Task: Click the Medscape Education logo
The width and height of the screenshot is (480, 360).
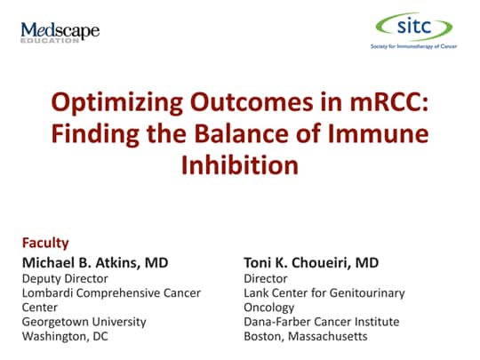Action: (60, 33)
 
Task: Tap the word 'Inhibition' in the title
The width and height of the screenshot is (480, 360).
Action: (240, 165)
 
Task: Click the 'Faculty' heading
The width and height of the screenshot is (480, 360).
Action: (45, 242)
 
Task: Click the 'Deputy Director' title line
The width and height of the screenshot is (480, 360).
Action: (65, 278)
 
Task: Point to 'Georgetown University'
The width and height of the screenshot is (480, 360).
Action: (84, 321)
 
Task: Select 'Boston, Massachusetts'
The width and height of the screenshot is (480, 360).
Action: (304, 336)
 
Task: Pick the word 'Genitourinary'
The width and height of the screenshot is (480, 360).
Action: (364, 292)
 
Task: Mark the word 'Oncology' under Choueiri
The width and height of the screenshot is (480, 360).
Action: (269, 307)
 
